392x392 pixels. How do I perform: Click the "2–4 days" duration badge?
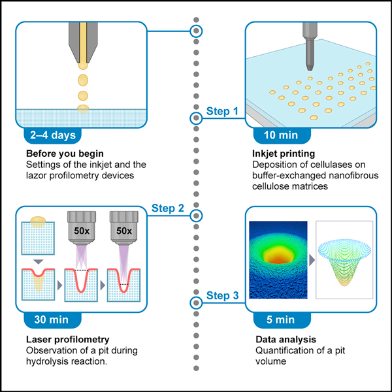coord(53,135)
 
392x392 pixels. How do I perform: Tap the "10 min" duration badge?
coord(282,135)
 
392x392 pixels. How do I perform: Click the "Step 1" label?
coord(222,111)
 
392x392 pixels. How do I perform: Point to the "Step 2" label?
coord(168,208)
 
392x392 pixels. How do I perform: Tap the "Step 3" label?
coord(222,295)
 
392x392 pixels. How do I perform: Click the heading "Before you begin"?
coord(65,154)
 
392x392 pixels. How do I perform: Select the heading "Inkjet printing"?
coord(284,154)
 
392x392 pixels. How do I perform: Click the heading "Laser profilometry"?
coord(68,339)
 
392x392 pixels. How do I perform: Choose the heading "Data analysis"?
coord(286,339)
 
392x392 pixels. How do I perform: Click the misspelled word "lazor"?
coord(36,175)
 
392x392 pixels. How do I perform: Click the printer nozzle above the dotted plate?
coord(310,46)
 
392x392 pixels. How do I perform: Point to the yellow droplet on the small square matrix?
coord(38,221)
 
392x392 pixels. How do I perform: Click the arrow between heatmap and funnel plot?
coord(312,260)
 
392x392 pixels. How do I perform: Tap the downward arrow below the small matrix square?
coord(39,262)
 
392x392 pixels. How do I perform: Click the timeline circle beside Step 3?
coord(196,302)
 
